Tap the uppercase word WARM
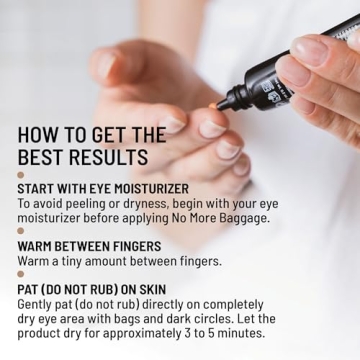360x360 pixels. pos(36,245)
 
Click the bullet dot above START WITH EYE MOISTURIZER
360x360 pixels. pos(20,175)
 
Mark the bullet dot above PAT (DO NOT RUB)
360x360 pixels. pos(20,274)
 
